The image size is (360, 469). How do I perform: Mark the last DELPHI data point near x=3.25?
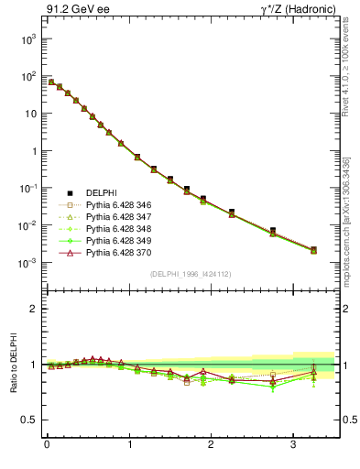313,248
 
